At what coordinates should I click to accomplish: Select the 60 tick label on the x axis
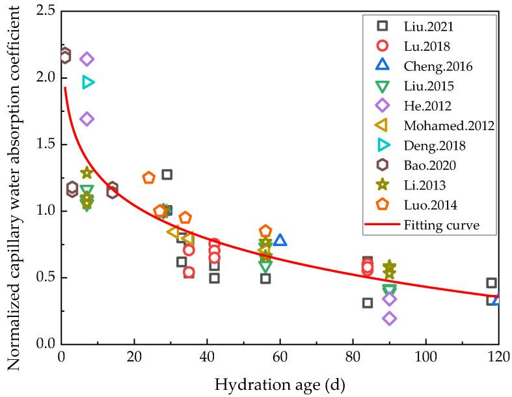[x=280, y=357]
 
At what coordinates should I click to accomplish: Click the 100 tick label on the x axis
[x=425, y=357]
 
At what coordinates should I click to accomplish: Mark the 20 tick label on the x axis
[x=134, y=357]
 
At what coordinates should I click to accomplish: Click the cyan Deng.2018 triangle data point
[x=88, y=82]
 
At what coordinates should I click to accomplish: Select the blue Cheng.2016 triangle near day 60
[x=280, y=240]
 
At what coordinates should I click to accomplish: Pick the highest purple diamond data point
[x=87, y=59]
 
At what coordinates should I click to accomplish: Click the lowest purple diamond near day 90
[x=390, y=318]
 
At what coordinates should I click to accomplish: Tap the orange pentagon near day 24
[x=149, y=178]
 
